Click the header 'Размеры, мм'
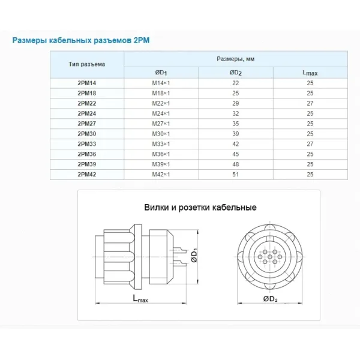pyautogui.click(x=235, y=59)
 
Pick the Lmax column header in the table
pyautogui.click(x=310, y=73)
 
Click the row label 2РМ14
pyautogui.click(x=86, y=83)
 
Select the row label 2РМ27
pyautogui.click(x=86, y=123)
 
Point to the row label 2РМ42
pyautogui.click(x=86, y=174)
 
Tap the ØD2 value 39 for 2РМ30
pyautogui.click(x=235, y=133)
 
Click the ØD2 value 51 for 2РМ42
pyautogui.click(x=235, y=174)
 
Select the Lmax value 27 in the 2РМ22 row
pyautogui.click(x=310, y=103)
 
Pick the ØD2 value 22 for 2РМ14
pyautogui.click(x=235, y=83)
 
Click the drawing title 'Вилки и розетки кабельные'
pyautogui.click(x=200, y=208)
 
